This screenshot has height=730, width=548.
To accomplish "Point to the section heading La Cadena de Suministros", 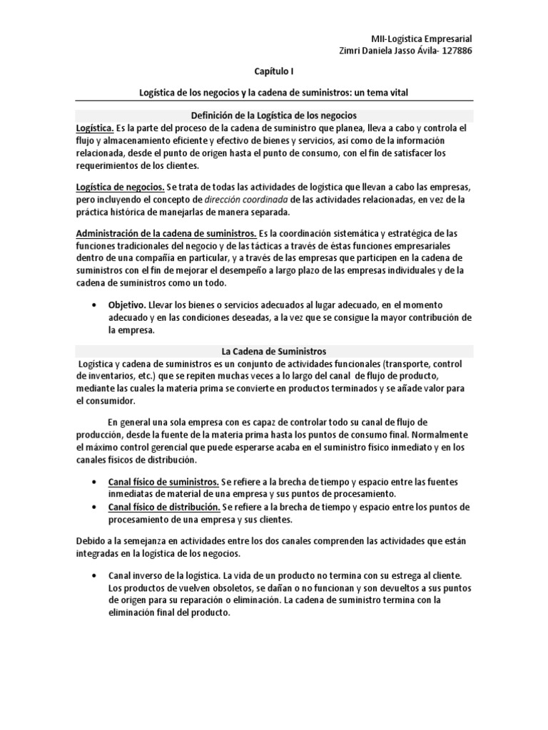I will click(273, 351).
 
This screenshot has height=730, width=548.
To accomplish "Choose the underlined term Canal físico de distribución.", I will click(163, 507).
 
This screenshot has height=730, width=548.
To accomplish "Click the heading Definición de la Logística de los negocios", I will click(273, 114).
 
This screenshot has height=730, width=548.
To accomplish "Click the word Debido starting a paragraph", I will click(91, 540).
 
